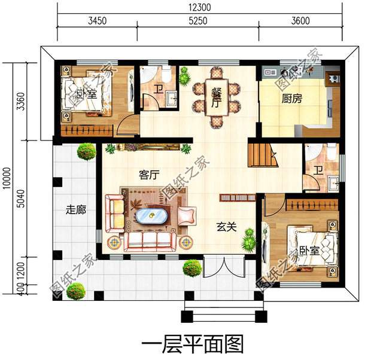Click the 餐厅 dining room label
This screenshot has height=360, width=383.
pos(216,96)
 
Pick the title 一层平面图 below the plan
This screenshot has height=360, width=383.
pos(193,344)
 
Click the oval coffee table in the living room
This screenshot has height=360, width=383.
pos(151,215)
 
